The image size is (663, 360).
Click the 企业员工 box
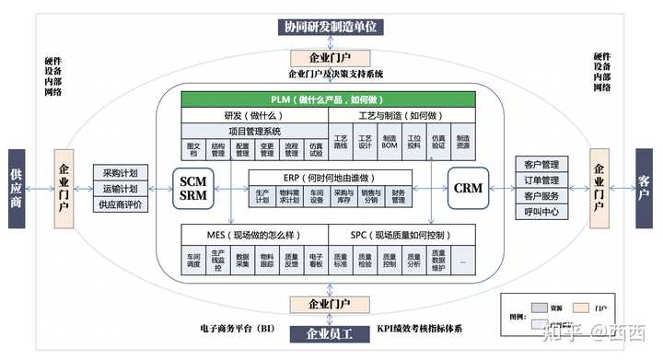point(329,333)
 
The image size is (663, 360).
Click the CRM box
point(469,188)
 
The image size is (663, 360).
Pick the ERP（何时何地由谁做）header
point(330,177)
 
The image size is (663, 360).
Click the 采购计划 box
point(120,173)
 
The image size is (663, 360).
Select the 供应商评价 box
point(120,204)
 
